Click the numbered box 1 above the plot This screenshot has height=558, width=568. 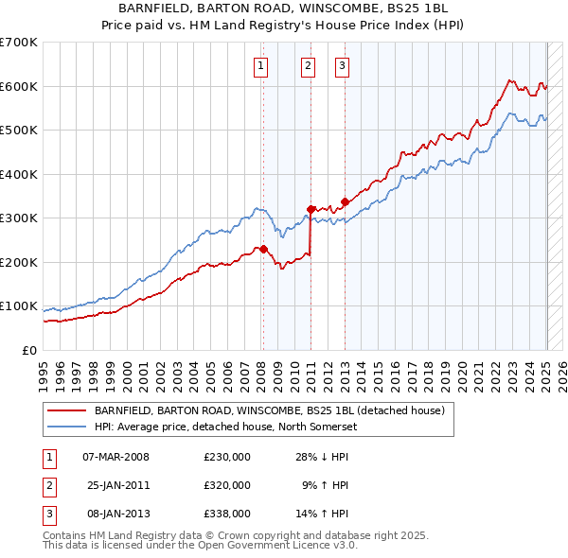[x=260, y=66]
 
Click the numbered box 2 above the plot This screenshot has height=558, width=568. [x=309, y=66]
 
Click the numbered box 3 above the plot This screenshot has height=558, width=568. [x=342, y=66]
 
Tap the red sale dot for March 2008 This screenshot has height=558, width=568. [x=264, y=249]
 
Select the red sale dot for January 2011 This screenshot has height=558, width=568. [x=311, y=209]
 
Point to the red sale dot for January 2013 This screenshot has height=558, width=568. [x=345, y=201]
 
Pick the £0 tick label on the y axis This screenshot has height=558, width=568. [x=30, y=350]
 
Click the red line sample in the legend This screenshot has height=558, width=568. [x=66, y=411]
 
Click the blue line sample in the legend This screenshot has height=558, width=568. [x=66, y=427]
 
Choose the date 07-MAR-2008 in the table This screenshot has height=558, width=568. [x=116, y=457]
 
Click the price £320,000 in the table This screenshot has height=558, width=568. [x=227, y=485]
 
